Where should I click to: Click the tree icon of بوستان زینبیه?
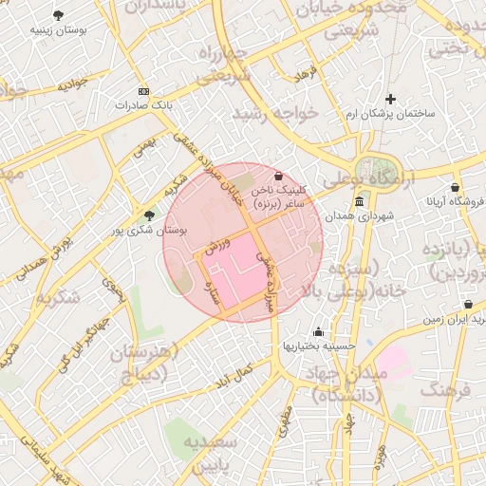59,15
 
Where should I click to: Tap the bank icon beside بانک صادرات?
143,91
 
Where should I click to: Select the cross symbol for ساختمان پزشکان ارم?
390,99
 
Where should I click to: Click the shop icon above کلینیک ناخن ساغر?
278,177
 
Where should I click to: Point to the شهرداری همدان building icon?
358,202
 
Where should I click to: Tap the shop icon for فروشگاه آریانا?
456,187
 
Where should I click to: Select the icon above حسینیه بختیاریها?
318,331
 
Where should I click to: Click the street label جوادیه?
71,84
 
